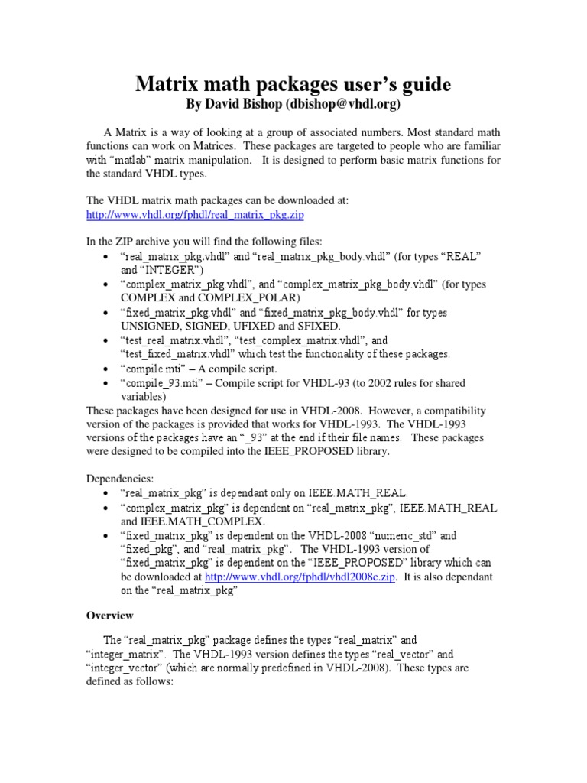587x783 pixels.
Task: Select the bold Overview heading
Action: (x=109, y=615)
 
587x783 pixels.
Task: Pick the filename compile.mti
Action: (x=152, y=368)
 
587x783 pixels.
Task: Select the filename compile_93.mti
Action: (x=161, y=382)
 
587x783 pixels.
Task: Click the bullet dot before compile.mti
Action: (x=105, y=369)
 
